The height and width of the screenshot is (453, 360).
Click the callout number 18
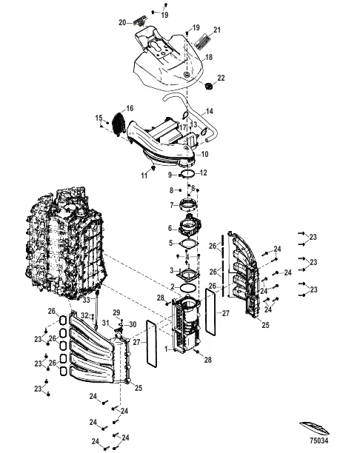[208, 57]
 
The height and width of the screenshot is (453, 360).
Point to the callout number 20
[123, 23]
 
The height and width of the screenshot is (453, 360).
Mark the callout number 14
[210, 111]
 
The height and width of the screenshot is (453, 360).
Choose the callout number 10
[205, 154]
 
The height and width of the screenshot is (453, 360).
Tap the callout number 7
[171, 205]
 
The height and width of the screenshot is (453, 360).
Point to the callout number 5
[170, 242]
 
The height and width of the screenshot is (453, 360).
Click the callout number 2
[171, 286]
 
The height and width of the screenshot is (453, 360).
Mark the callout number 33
[86, 300]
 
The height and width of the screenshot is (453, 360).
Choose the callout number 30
[132, 324]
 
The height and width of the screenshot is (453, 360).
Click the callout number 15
[98, 118]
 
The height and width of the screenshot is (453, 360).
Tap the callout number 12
[204, 173]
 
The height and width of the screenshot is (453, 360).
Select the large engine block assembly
[62, 244]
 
